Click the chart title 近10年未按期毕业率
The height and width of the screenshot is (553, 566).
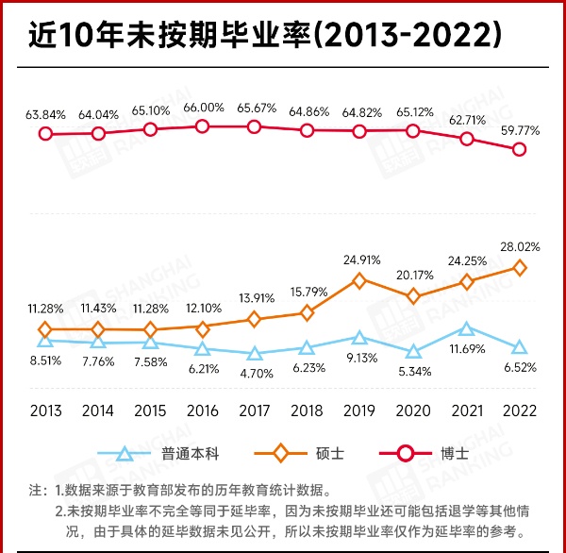[x=263, y=36]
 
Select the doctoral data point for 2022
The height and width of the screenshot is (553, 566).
[x=519, y=149]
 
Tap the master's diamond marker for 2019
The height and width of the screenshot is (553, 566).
[x=359, y=280]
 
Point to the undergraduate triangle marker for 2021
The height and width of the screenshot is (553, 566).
[x=466, y=328]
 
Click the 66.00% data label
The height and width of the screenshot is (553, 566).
[x=202, y=108]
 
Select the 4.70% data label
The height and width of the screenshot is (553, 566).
[x=255, y=374]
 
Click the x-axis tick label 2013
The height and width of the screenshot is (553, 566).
[x=45, y=411]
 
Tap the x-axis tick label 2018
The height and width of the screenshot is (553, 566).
[x=308, y=411]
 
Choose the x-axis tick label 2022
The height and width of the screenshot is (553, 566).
[x=518, y=411]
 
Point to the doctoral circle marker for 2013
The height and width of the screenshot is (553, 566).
[x=45, y=134]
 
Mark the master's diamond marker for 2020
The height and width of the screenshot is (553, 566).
[x=413, y=296]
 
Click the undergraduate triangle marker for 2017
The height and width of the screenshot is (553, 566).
[x=255, y=354]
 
